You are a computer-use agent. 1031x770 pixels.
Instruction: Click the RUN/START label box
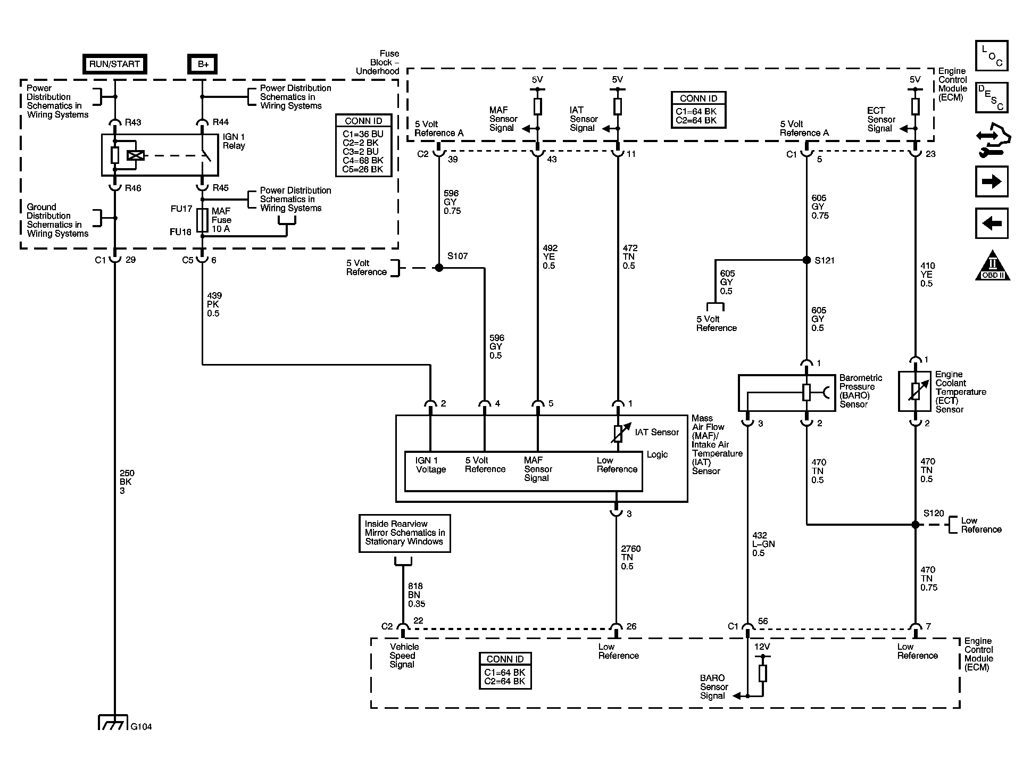[x=114, y=64]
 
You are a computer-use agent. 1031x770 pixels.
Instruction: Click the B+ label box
[x=203, y=64]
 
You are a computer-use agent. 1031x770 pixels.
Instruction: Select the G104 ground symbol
[x=113, y=723]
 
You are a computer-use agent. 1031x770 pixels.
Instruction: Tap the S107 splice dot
[x=439, y=268]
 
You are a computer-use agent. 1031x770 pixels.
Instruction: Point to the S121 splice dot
[x=806, y=260]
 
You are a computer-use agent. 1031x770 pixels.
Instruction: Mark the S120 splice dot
[x=915, y=525]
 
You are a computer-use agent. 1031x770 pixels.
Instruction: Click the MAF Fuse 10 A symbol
[x=202, y=220]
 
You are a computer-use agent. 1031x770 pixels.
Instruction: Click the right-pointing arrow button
[x=992, y=182]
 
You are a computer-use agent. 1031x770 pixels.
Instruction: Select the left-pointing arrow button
[x=992, y=223]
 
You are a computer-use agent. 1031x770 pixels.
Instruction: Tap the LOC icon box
[x=992, y=56]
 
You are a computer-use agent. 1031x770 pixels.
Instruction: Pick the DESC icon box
[x=992, y=97]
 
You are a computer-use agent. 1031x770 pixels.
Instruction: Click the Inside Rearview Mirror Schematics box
[x=404, y=533]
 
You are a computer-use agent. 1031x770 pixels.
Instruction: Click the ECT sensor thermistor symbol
[x=915, y=392]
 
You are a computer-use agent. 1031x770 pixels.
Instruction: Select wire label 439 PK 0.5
[x=214, y=304]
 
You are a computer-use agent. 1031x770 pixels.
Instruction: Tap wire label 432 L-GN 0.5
[x=763, y=544]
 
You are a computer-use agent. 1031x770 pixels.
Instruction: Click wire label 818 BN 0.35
[x=417, y=595]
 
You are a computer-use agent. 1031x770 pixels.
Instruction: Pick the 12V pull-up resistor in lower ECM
[x=762, y=673]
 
